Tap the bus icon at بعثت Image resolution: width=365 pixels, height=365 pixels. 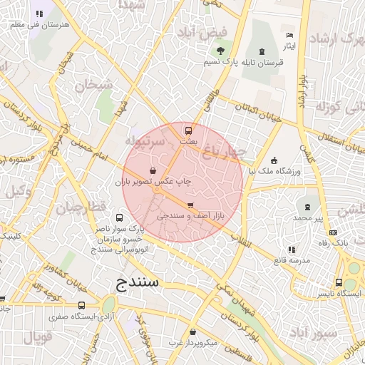click(189, 130)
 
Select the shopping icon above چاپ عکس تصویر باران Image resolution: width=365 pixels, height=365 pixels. click(154, 171)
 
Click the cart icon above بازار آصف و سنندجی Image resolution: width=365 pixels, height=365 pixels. click(190, 205)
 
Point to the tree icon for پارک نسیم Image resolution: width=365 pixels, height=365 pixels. click(220, 51)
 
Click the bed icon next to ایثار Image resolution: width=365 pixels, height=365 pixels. click(289, 35)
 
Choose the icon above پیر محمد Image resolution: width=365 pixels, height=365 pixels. click(308, 205)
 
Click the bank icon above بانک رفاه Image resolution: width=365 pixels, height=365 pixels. click(333, 233)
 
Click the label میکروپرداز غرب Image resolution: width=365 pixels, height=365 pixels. click(192, 343)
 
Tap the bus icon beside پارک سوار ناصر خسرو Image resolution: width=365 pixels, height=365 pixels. click(118, 218)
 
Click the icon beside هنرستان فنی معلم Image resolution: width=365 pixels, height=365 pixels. click(39, 14)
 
